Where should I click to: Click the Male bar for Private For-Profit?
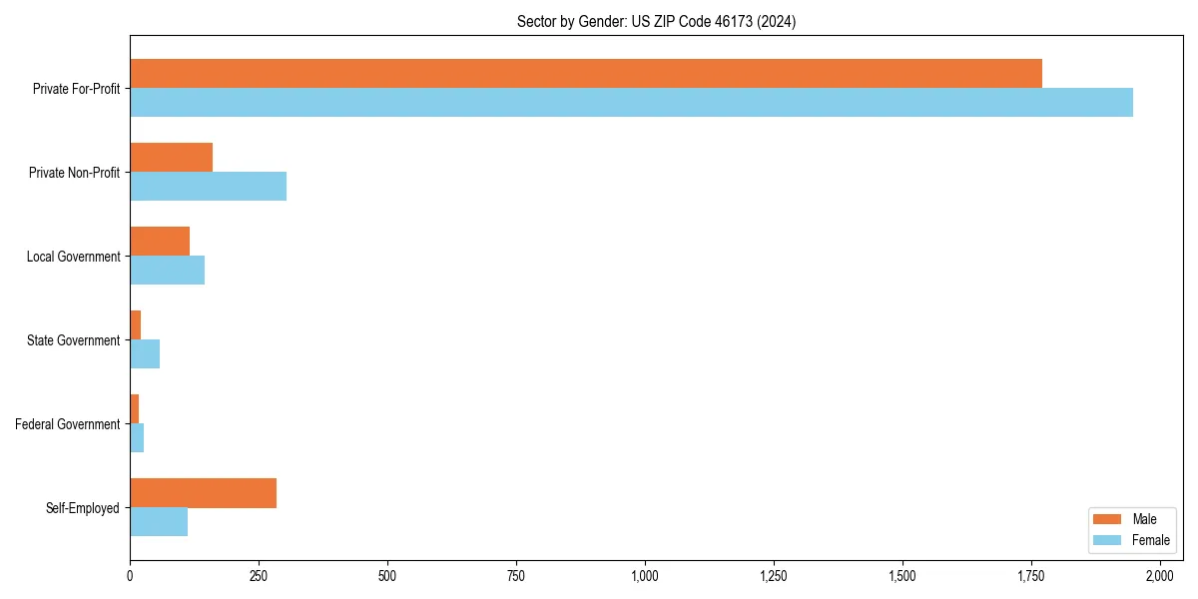tap(586, 74)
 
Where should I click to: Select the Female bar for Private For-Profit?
tap(631, 103)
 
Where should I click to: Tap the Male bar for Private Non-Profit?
tap(171, 158)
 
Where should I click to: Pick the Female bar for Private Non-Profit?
tap(208, 187)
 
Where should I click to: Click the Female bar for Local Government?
tap(167, 271)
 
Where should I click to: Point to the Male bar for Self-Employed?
tap(203, 493)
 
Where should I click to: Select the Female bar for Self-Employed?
tap(159, 522)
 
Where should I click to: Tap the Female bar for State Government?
tap(145, 354)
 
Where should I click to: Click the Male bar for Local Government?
tap(160, 242)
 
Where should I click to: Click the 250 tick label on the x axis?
tap(259, 576)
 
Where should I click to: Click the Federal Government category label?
tap(68, 424)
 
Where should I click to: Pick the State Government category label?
tap(74, 340)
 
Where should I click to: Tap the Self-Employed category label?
tap(83, 508)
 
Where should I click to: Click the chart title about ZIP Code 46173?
tap(656, 21)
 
